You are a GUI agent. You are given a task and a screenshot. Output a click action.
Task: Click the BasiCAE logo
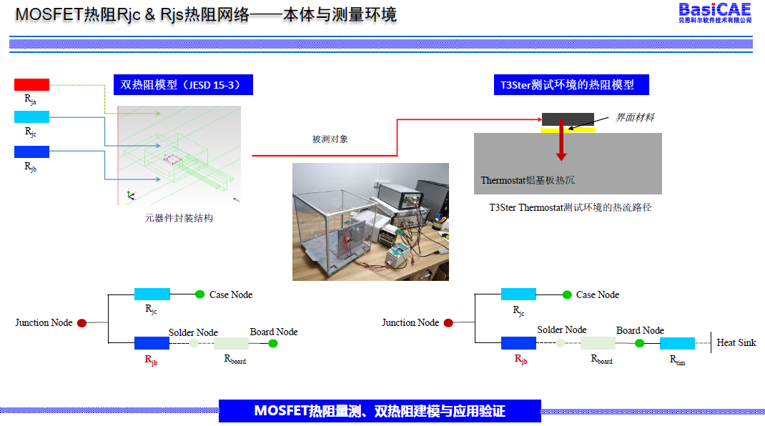tap(714, 12)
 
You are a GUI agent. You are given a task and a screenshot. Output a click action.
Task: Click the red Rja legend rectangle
tap(31, 84)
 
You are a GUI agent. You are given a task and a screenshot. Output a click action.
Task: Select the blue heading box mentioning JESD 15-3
tap(183, 85)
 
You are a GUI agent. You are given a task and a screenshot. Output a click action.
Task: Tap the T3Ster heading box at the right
tap(571, 85)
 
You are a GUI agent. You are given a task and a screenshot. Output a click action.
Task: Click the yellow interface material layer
tap(568, 129)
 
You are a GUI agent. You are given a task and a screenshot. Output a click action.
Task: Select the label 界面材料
tap(635, 117)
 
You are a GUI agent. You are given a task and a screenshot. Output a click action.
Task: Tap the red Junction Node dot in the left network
tap(82, 323)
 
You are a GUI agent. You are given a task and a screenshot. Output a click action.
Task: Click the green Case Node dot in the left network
tap(199, 294)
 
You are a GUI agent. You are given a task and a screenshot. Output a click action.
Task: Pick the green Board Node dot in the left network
tap(272, 343)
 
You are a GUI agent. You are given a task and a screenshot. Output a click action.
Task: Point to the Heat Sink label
tap(736, 343)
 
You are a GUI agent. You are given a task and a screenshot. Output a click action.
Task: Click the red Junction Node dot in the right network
tap(448, 323)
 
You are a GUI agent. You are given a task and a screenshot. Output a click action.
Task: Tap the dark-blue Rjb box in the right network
tap(518, 343)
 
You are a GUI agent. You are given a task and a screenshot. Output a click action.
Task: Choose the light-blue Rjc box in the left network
tap(152, 294)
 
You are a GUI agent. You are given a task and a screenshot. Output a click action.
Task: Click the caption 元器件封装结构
tap(179, 219)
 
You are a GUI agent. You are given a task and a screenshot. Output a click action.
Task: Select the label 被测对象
tap(330, 139)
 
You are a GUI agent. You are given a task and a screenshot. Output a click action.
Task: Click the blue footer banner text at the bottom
tap(380, 411)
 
